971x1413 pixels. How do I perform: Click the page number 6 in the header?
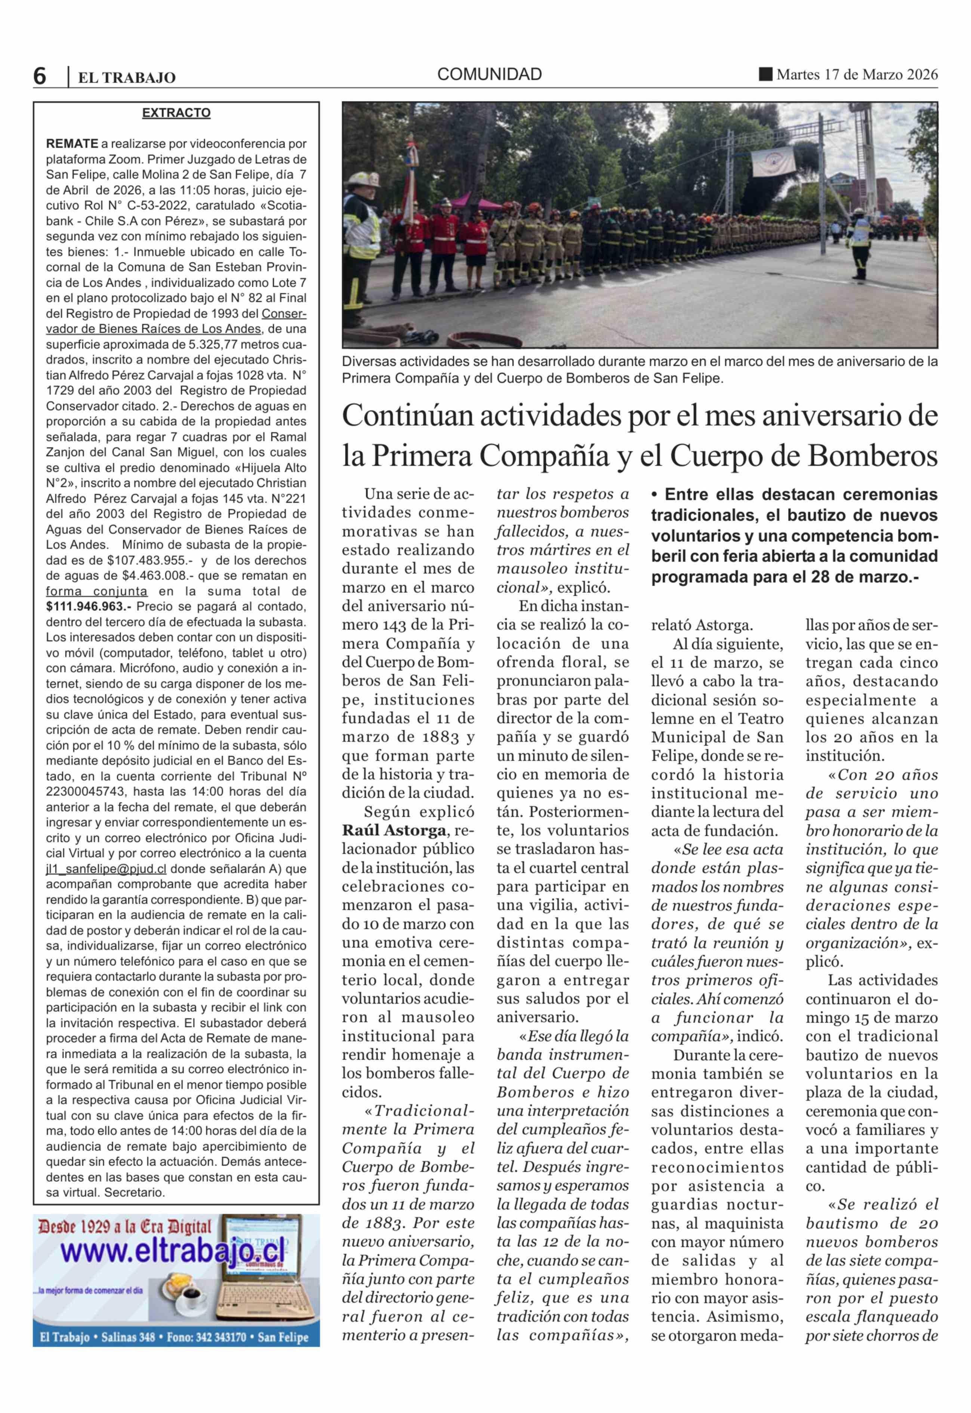click(40, 76)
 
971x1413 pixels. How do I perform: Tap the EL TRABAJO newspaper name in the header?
click(127, 77)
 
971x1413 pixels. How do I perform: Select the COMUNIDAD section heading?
click(489, 75)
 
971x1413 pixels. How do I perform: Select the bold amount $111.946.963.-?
click(89, 607)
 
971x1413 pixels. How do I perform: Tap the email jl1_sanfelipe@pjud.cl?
click(107, 869)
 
